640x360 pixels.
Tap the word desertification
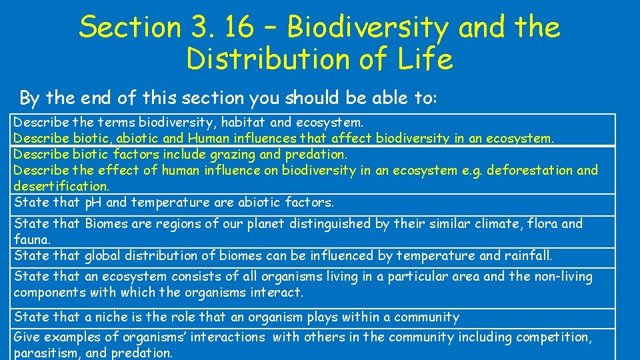tap(61, 186)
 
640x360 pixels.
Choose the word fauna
tap(31, 239)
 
